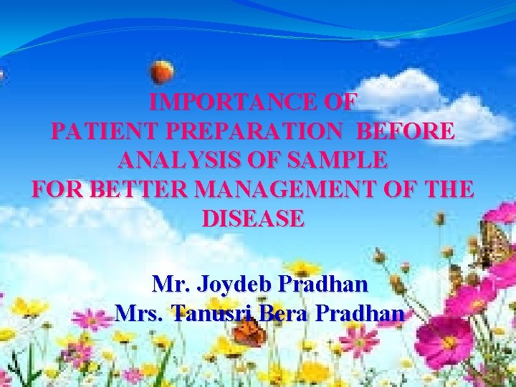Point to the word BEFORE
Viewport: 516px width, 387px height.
tap(405, 132)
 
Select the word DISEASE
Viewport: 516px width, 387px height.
tap(253, 219)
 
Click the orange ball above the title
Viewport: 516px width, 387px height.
tap(163, 72)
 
